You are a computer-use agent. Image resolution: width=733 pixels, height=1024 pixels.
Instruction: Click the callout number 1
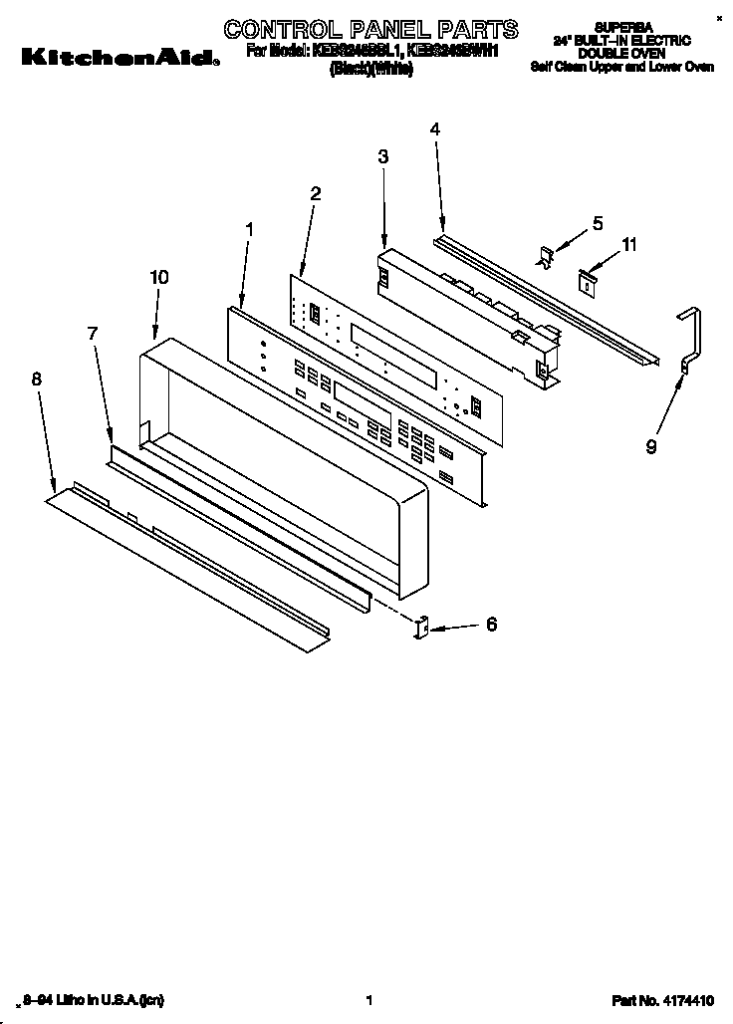click(250, 229)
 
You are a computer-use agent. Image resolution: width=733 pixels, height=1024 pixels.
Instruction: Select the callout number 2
click(315, 194)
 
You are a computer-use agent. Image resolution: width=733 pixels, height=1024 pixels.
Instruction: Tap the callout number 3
click(382, 156)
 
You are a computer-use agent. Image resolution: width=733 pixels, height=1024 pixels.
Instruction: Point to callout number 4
click(435, 128)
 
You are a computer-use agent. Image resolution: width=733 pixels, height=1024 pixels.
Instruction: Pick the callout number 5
click(598, 224)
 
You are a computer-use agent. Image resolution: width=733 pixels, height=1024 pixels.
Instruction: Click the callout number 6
click(490, 625)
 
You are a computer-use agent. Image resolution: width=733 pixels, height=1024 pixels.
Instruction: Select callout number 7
click(93, 334)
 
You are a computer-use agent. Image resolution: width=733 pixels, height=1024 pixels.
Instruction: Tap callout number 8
click(37, 379)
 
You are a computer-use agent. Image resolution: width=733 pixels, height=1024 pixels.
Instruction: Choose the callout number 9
click(650, 446)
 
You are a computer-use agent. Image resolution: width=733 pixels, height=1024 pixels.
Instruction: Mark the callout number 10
click(158, 277)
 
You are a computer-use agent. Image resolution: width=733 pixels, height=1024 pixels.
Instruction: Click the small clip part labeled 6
click(420, 629)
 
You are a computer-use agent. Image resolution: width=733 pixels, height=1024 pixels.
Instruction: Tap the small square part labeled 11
click(588, 282)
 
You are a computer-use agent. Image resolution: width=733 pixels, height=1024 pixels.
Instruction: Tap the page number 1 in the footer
click(368, 999)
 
